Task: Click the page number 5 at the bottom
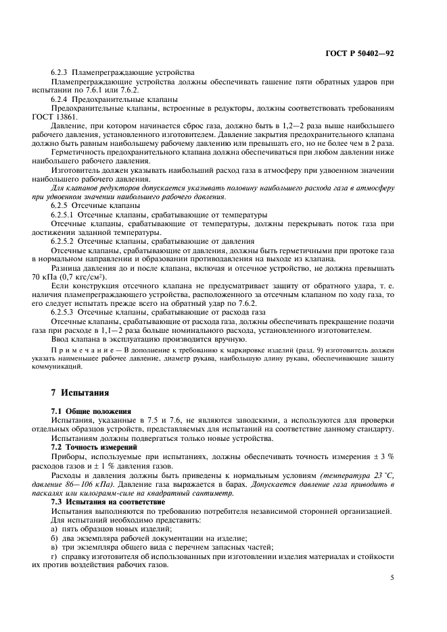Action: tap(392, 577)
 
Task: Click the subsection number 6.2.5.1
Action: tap(65, 214)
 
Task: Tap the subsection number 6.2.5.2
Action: tap(65, 241)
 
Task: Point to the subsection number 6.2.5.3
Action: tap(65, 313)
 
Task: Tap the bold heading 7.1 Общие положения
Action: tap(90, 411)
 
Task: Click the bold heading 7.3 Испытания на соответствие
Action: tap(103, 502)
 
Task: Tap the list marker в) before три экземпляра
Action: tap(54, 546)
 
